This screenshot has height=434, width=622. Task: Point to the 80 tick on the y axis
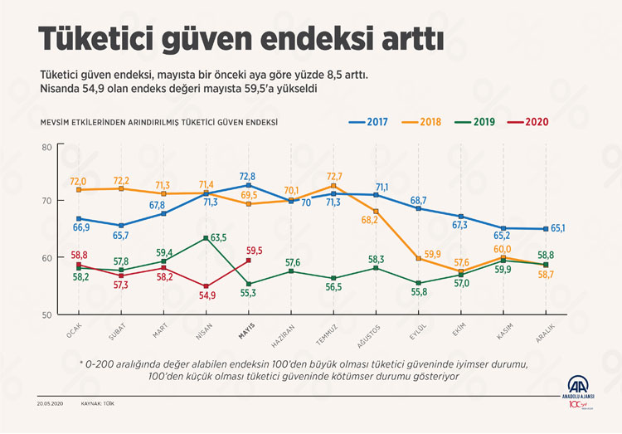(46, 147)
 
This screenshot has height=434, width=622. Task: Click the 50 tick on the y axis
(46, 315)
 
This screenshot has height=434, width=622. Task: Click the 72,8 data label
(247, 177)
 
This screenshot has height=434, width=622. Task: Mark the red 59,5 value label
(255, 250)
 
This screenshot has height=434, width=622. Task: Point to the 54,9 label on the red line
(206, 295)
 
